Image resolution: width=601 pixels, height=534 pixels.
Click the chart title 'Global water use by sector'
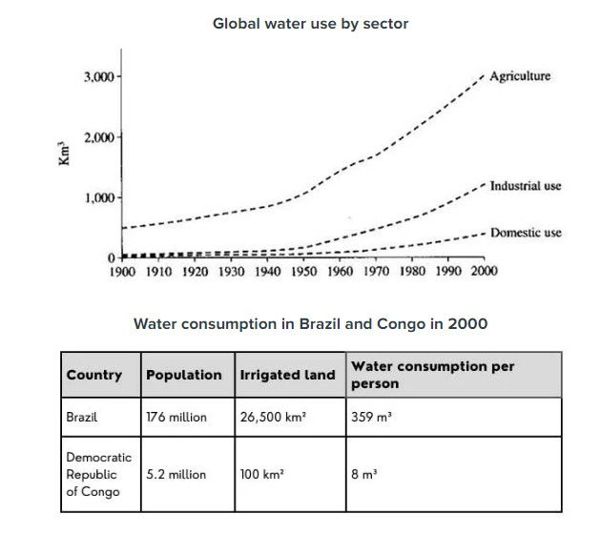click(310, 23)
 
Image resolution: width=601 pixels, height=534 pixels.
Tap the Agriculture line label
click(520, 76)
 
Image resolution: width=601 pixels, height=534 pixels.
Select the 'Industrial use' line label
click(526, 186)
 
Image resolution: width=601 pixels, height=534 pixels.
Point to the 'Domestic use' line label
click(526, 233)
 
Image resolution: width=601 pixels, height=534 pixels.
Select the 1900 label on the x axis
click(122, 271)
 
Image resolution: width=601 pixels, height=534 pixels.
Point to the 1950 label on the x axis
click(303, 271)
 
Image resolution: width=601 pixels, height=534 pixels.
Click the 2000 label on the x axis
click(484, 271)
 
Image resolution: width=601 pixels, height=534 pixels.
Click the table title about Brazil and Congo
click(310, 324)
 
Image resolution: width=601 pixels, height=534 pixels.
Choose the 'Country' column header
click(94, 375)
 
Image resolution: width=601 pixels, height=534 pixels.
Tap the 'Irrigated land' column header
click(287, 375)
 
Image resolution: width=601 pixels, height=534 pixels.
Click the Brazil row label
click(83, 417)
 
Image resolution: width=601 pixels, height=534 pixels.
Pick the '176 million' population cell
click(176, 417)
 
